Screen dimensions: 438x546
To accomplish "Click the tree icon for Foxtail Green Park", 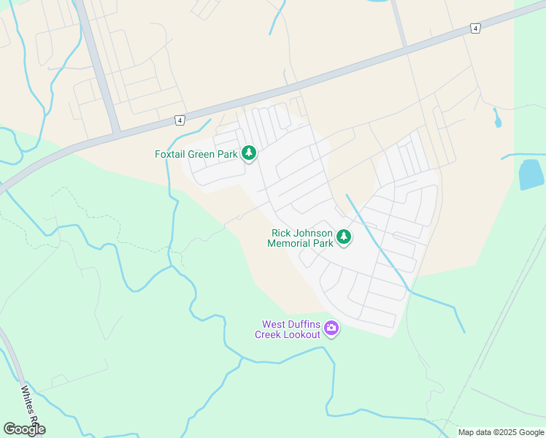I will tap(250, 153).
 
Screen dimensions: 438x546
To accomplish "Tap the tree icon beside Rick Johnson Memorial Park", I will tap(344, 237).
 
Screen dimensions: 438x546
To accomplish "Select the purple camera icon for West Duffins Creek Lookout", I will tap(331, 328).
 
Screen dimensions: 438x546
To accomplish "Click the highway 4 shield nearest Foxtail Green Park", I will tap(180, 120).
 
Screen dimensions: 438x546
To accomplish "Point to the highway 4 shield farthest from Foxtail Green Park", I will tap(476, 28).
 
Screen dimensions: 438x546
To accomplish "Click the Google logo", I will tap(24, 429).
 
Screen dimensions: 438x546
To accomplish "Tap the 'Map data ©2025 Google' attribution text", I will tap(501, 432).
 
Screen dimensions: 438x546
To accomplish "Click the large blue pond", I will tap(531, 174).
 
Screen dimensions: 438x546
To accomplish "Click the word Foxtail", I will tap(172, 154).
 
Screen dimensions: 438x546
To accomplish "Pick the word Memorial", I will tap(291, 243).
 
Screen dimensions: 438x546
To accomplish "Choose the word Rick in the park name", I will tap(281, 233).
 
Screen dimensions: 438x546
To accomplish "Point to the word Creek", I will tap(268, 334).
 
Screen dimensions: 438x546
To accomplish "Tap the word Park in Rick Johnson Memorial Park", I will tap(324, 243).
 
